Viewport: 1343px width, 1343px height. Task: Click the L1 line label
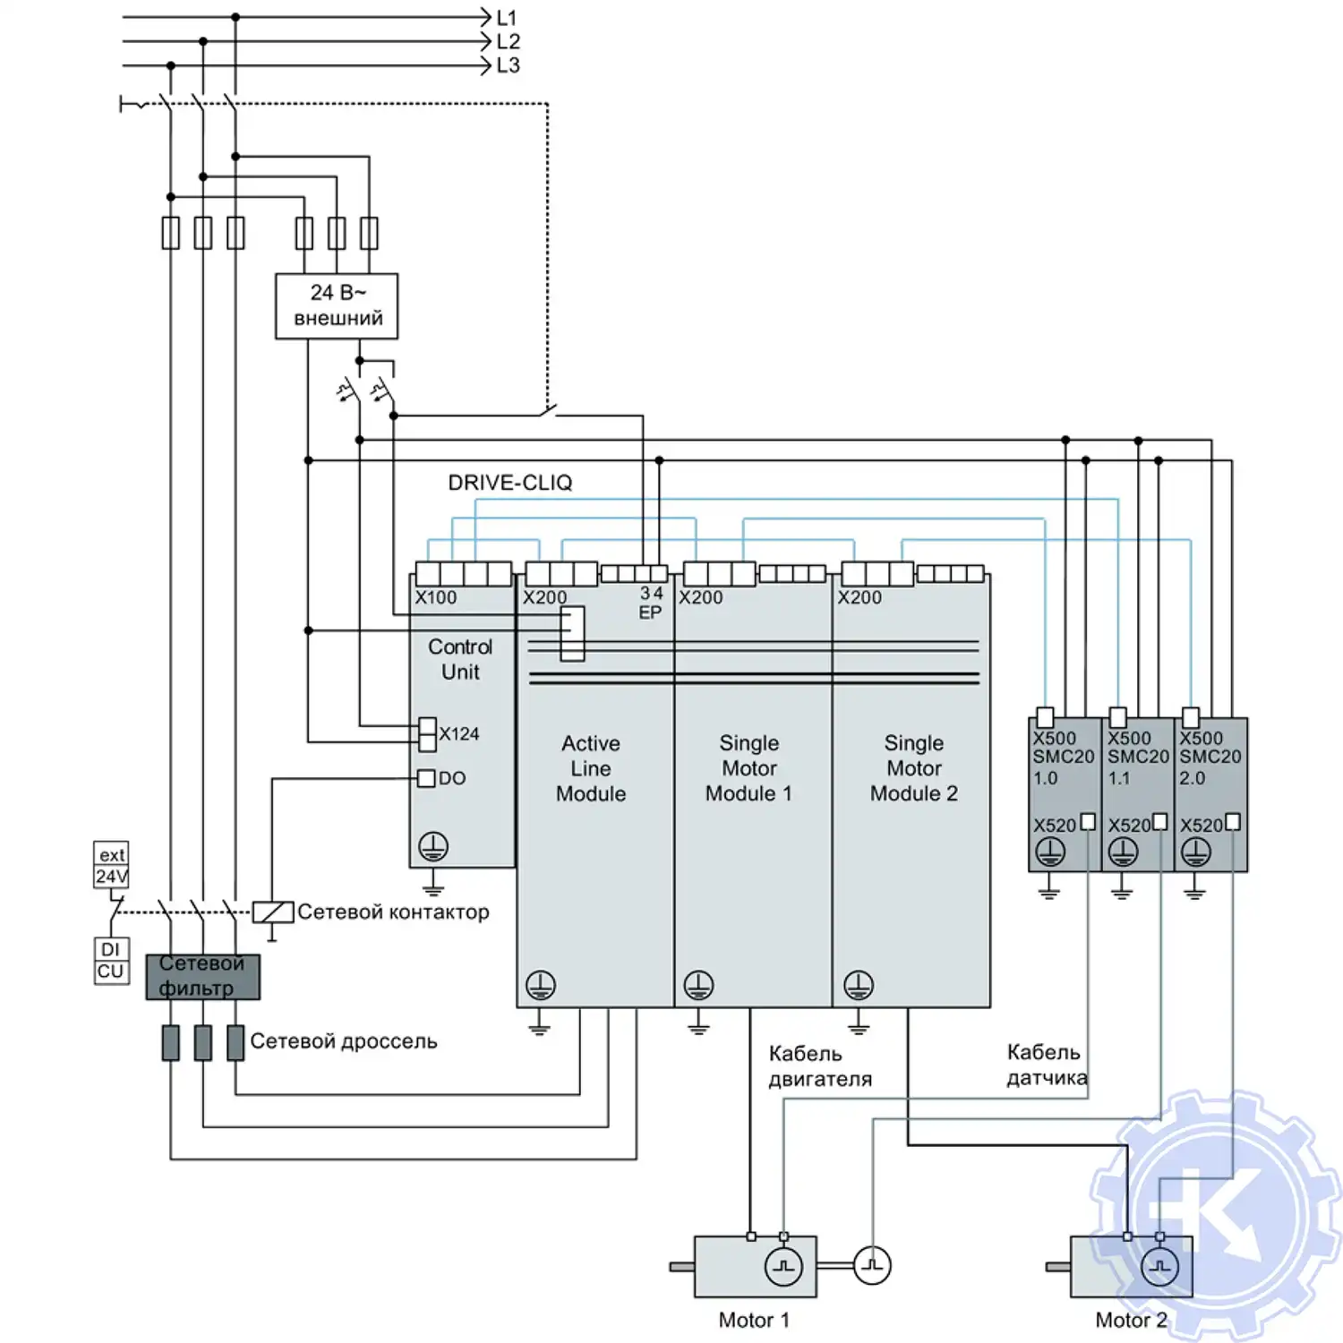tap(507, 18)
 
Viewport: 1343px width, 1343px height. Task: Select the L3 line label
tap(508, 65)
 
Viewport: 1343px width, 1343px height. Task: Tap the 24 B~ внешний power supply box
tap(337, 306)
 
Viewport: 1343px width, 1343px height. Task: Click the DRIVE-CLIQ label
tap(509, 483)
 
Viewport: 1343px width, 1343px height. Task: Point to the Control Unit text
tap(460, 659)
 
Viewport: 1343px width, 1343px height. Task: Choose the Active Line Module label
tap(591, 768)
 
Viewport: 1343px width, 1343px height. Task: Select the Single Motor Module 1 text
tap(749, 768)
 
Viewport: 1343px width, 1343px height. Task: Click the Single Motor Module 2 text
tap(914, 768)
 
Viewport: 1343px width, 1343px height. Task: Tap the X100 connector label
tap(436, 597)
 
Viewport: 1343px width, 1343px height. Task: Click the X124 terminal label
tap(459, 734)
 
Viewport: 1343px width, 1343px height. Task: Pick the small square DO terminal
tap(427, 778)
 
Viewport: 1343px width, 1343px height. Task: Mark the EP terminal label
tap(650, 613)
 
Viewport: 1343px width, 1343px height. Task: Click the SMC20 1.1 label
tap(1138, 766)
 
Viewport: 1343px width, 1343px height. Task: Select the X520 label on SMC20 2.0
tap(1201, 825)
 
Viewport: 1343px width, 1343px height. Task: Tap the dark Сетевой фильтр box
tap(203, 976)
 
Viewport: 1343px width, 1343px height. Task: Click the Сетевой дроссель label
tap(344, 1041)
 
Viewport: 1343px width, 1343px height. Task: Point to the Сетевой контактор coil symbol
tap(273, 912)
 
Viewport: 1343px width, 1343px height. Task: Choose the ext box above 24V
tap(111, 854)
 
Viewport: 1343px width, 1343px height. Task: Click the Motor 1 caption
tap(754, 1320)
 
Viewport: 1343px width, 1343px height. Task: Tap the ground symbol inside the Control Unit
tap(433, 846)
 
